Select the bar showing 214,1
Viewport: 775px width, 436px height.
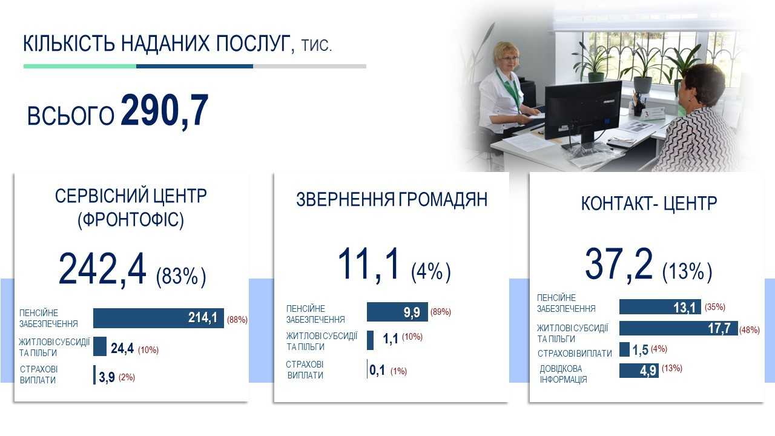159,318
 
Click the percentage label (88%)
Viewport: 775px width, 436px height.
237,319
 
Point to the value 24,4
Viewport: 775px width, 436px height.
122,348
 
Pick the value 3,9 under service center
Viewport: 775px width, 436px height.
107,377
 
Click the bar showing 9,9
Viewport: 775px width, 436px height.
397,312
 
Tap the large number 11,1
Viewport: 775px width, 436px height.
369,263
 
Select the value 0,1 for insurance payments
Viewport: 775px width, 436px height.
377,370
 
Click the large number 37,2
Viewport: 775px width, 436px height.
619,264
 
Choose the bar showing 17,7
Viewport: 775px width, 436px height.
679,328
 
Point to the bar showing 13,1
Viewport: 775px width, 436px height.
660,307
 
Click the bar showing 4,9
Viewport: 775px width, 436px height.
639,371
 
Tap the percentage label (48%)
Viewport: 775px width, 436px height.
750,330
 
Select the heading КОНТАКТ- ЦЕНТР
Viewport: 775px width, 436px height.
648,203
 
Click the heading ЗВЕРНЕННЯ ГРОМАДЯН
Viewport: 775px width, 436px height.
392,200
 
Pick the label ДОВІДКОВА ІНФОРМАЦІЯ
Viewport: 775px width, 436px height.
563,374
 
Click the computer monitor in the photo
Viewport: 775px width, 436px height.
583,110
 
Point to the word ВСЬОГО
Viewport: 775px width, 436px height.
71,115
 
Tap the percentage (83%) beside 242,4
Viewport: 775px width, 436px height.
181,277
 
